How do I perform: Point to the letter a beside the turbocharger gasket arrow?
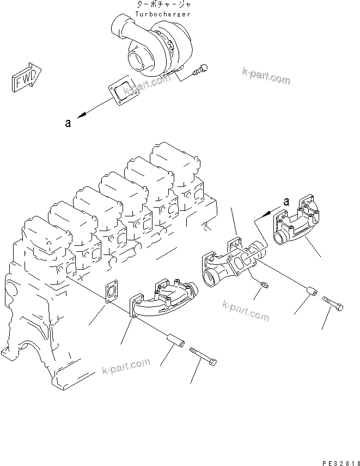(x=68, y=124)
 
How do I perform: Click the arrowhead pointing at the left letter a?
(x=81, y=116)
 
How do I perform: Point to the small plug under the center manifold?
(x=264, y=285)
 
